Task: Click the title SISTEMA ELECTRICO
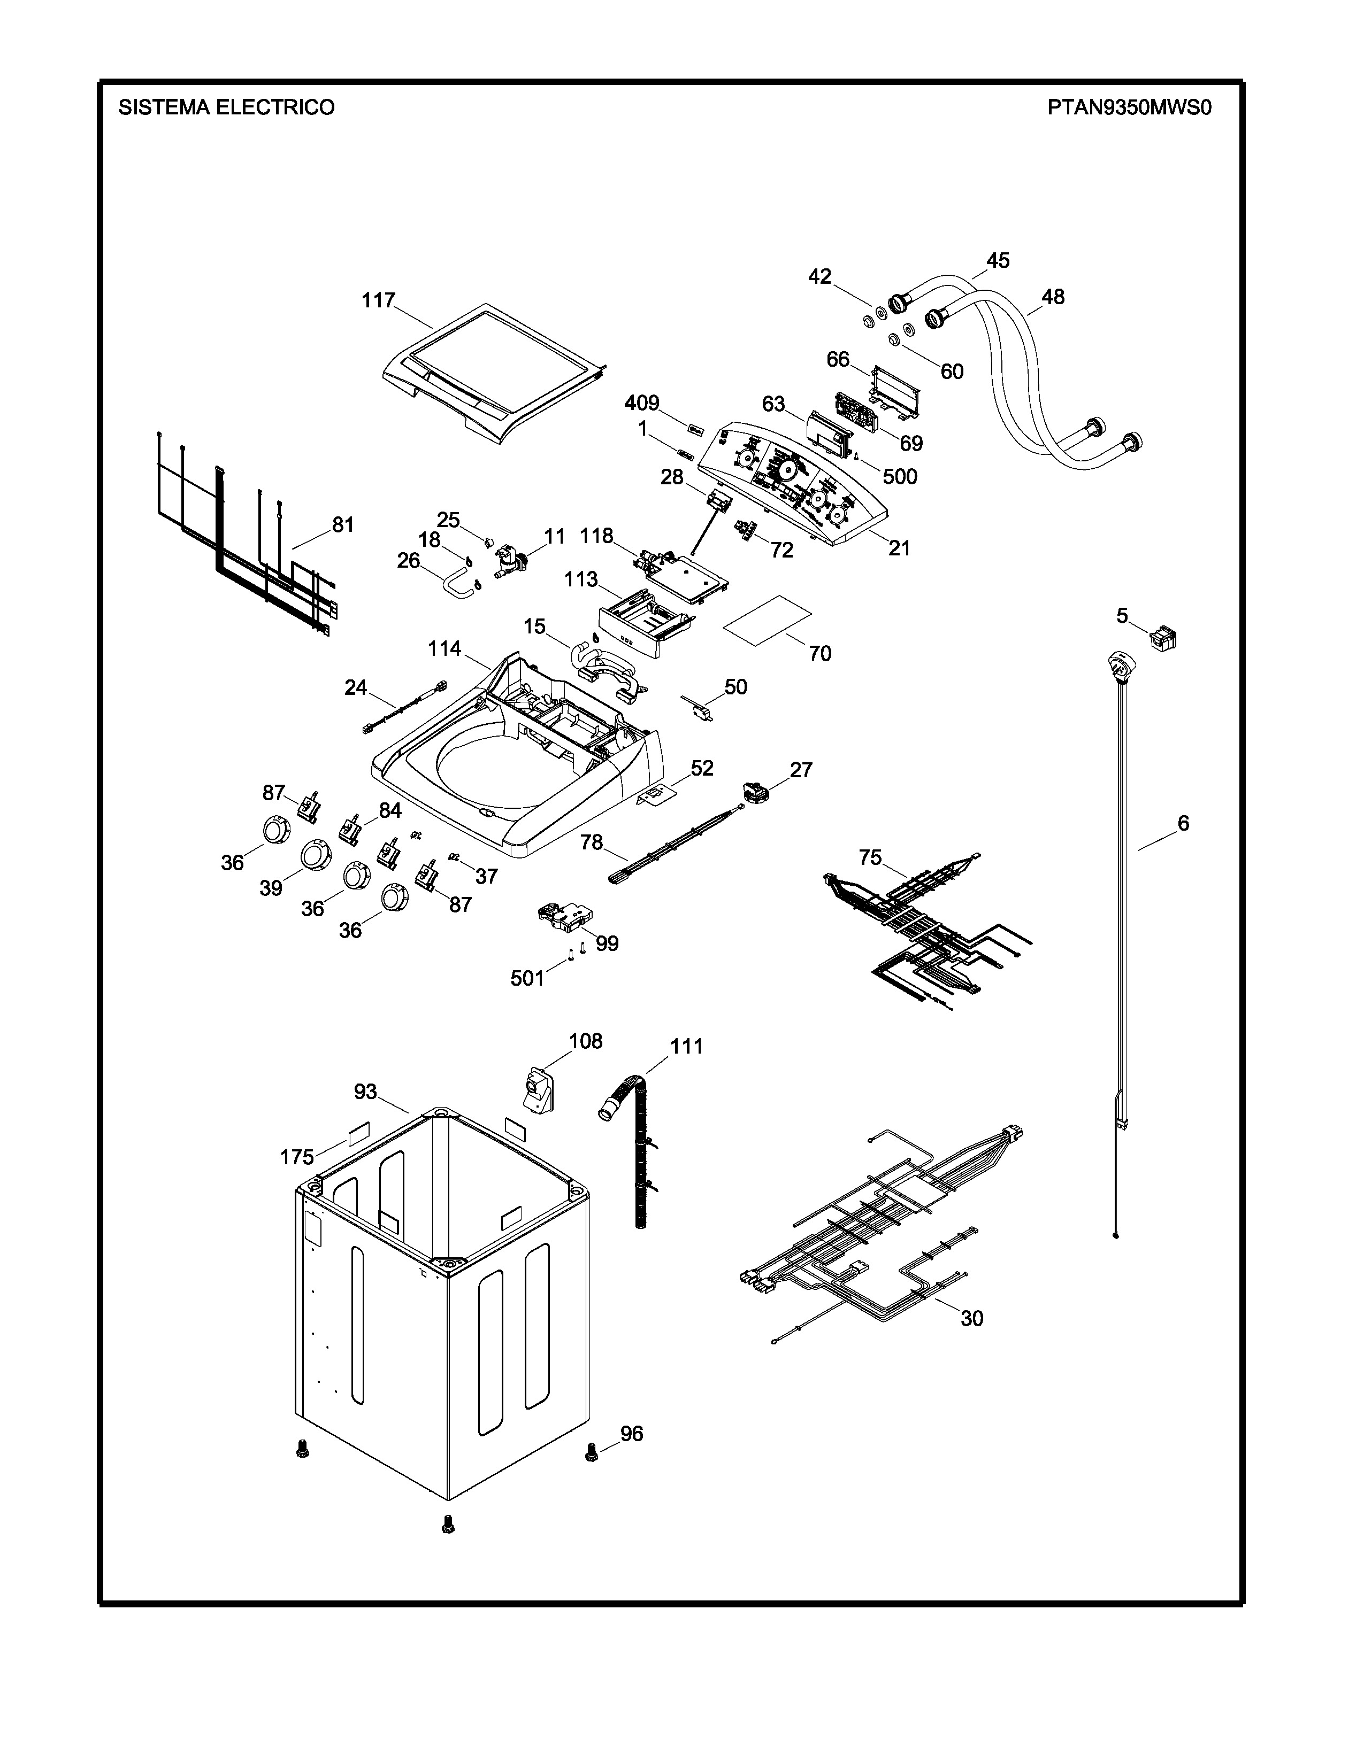point(226,107)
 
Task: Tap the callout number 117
point(378,300)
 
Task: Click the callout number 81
point(343,525)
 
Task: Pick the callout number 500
point(899,476)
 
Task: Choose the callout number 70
point(819,653)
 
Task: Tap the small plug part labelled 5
point(1163,639)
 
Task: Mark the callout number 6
point(1183,824)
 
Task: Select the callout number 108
point(586,1041)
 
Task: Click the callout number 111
point(686,1047)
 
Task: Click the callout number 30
point(971,1318)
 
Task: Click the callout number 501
point(527,978)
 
